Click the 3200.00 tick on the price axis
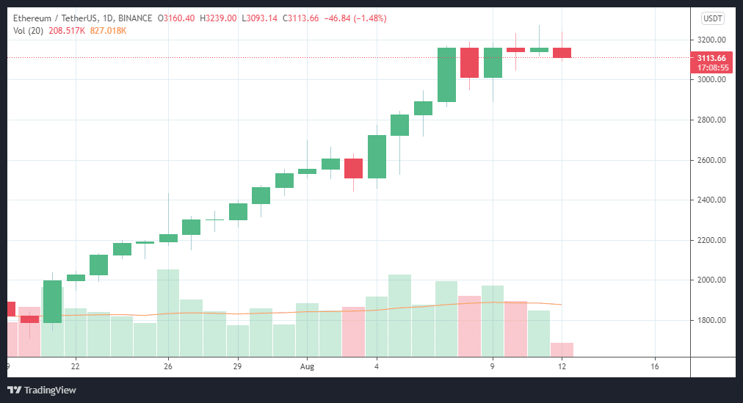pos(711,40)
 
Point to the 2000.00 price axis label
pos(711,280)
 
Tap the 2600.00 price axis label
pos(711,160)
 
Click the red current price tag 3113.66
pos(711,58)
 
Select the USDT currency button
pos(713,18)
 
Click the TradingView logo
pos(42,390)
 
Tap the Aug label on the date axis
pos(308,366)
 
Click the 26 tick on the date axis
pos(168,366)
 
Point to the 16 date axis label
pos(655,366)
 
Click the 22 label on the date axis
pos(75,366)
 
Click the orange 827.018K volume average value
pos(108,30)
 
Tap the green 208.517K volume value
pos(68,30)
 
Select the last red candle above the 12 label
pos(562,53)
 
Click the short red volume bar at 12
pos(562,349)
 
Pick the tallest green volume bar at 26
pos(168,312)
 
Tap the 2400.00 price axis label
pos(711,200)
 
